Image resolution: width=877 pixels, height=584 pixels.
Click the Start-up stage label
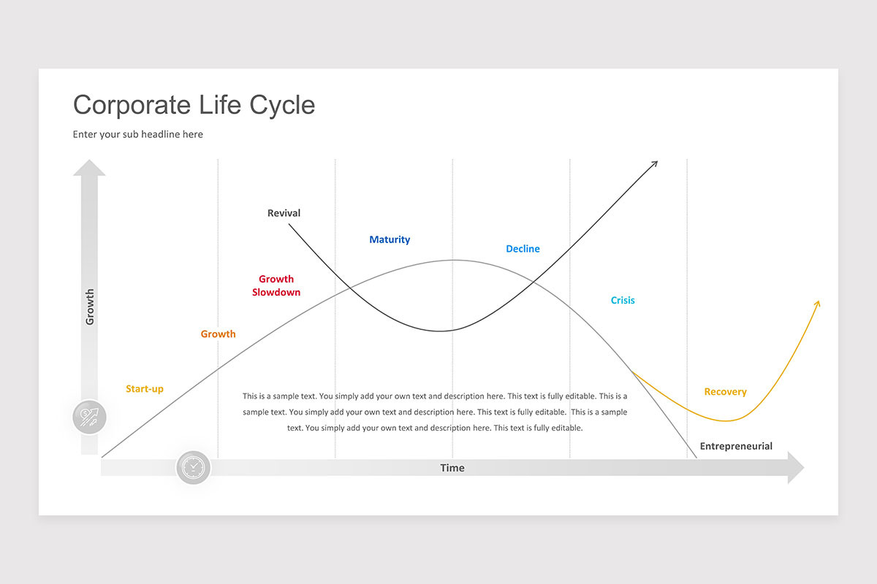[x=145, y=389]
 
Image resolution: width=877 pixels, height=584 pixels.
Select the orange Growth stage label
[x=219, y=334]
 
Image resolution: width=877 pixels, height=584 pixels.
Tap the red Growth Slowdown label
[x=276, y=285]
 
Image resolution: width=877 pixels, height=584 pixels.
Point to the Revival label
[x=284, y=213]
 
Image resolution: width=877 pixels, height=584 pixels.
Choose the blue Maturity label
[x=390, y=239]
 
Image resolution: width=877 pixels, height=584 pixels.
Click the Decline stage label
[x=523, y=249]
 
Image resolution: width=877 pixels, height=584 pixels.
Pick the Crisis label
[x=623, y=300]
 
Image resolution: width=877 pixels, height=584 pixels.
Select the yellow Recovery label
[x=725, y=392]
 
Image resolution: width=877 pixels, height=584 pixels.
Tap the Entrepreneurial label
[x=736, y=446]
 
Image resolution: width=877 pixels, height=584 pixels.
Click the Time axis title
[x=452, y=468]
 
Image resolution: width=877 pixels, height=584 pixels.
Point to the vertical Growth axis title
[x=90, y=307]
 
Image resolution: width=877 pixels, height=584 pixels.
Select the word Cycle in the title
[x=282, y=105]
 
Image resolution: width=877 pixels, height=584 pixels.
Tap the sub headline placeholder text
[x=138, y=134]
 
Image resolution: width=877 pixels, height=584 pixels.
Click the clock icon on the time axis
[x=194, y=467]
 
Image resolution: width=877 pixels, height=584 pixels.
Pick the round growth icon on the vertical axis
[x=90, y=418]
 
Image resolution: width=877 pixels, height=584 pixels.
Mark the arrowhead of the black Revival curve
[x=655, y=164]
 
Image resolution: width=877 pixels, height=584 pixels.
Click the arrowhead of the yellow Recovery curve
[x=817, y=303]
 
